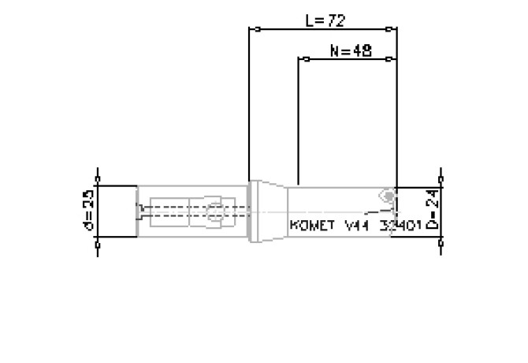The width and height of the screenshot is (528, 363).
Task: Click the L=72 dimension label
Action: click(x=325, y=20)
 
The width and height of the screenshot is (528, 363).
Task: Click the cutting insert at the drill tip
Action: click(x=386, y=195)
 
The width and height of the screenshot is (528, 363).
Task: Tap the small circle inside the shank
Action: click(x=214, y=211)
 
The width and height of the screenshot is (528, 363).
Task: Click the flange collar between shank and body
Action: click(x=254, y=211)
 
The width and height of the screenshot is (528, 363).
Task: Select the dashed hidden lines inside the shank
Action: click(x=169, y=211)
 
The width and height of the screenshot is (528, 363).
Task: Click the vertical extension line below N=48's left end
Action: click(x=298, y=118)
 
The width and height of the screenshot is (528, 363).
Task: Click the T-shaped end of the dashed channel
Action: click(x=139, y=211)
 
